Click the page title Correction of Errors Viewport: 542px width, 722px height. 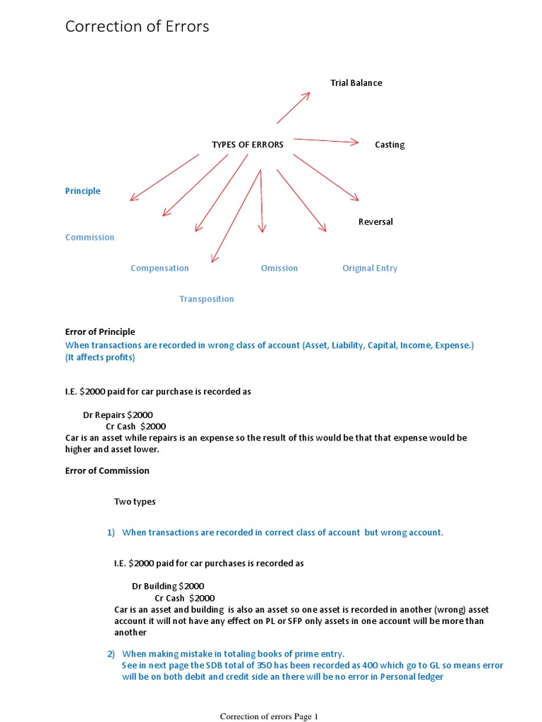[137, 27]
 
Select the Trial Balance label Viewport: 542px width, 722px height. [356, 82]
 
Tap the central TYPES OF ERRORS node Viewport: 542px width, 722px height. [247, 145]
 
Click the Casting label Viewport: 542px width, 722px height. [390, 145]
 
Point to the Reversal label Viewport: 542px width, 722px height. [375, 221]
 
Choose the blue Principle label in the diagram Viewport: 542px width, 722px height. [83, 191]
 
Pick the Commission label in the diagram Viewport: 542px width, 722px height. [90, 237]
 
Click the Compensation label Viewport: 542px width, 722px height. [159, 268]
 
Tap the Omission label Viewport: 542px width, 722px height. [279, 268]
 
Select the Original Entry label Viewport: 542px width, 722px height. [370, 268]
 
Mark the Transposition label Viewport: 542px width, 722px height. [206, 299]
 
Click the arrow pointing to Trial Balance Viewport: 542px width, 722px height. [293, 108]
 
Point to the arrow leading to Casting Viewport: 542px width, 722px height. [326, 140]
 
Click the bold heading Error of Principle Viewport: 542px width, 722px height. [100, 331]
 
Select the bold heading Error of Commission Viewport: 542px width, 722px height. [107, 470]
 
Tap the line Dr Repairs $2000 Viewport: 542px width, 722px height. [123, 415]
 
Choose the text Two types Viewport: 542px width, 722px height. [135, 502]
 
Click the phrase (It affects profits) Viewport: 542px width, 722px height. [100, 357]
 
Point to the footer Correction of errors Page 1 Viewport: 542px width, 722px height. [269, 716]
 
